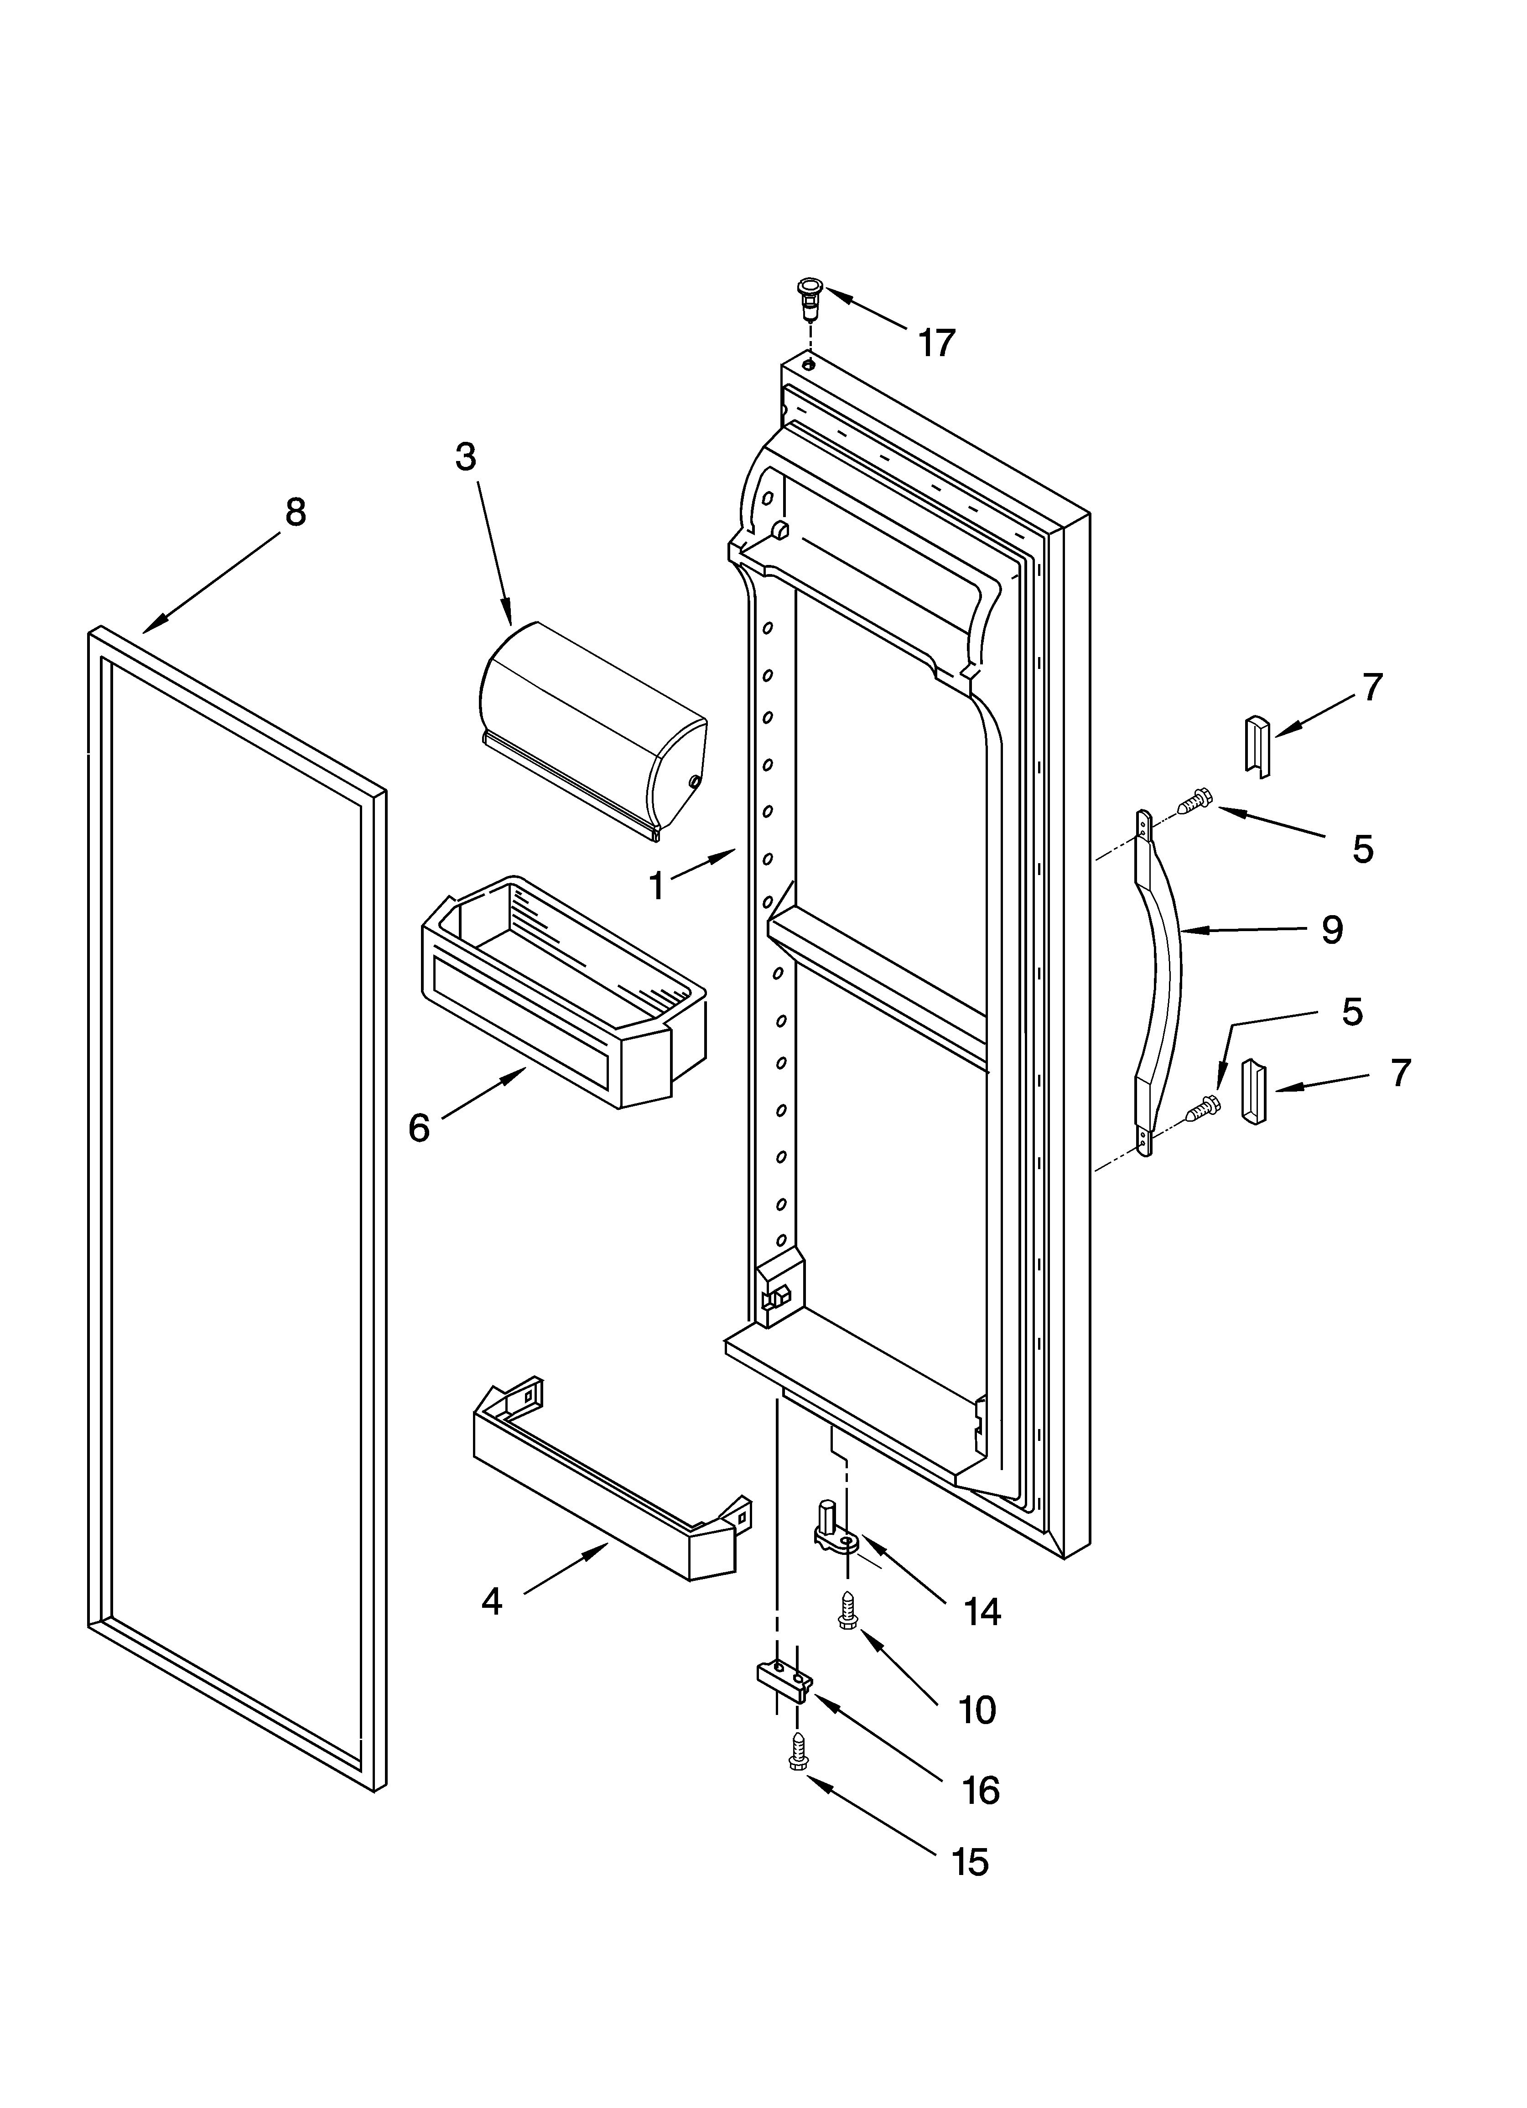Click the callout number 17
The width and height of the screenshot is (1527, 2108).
pos(936,343)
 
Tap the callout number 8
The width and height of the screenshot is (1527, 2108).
pos(295,512)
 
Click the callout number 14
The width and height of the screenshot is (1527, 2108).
pos(982,1613)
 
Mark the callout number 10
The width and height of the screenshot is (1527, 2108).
pos(976,1709)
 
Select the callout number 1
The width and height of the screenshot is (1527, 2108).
pos(657,886)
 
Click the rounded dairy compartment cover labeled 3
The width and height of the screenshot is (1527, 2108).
pos(592,730)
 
